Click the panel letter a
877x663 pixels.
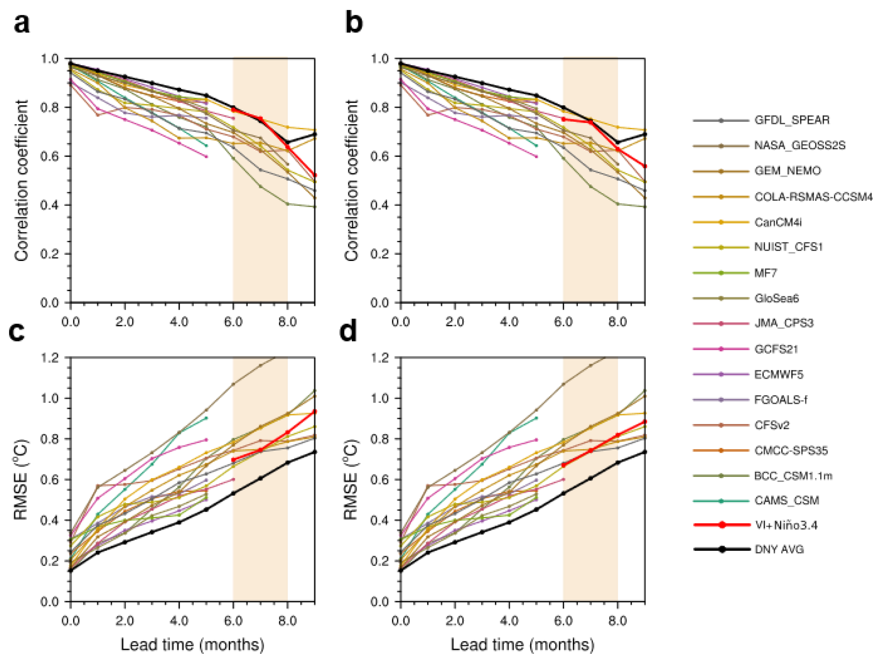tap(22, 23)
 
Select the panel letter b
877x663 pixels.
tap(354, 23)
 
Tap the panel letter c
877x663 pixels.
tap(17, 331)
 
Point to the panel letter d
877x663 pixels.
tap(348, 331)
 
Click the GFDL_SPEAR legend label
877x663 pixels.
tap(792, 120)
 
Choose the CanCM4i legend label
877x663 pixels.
tap(778, 223)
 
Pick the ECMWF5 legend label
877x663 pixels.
tap(779, 375)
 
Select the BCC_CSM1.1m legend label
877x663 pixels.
tap(793, 476)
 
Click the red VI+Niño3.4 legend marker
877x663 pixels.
tap(722, 525)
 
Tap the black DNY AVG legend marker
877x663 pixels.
tap(722, 549)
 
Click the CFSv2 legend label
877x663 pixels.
tap(772, 425)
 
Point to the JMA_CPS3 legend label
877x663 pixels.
tap(784, 323)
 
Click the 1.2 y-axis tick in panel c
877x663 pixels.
tap(49, 358)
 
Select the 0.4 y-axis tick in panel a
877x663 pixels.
tap(49, 205)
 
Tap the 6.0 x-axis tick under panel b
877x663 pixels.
tap(563, 322)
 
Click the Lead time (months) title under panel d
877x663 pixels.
tap(522, 645)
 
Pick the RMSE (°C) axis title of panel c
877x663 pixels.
tap(21, 479)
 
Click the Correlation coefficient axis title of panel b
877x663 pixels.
tap(351, 180)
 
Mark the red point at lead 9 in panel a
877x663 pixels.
tap(315, 175)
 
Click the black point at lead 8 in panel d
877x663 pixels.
tap(618, 462)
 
